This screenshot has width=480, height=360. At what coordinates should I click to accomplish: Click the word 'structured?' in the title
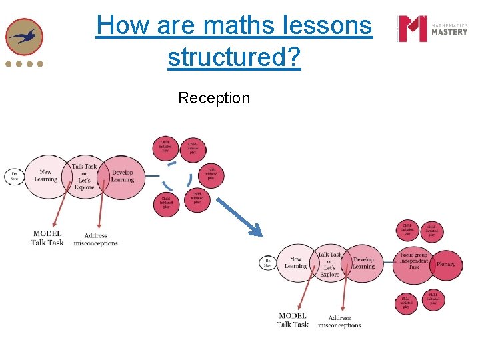(234, 57)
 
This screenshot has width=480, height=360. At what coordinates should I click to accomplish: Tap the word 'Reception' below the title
(214, 99)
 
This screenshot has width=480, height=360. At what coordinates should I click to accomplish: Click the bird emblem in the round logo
(25, 37)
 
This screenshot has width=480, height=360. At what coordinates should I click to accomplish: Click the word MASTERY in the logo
(449, 31)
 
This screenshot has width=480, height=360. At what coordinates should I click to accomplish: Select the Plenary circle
(445, 265)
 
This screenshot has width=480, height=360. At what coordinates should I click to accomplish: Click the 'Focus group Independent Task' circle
(413, 261)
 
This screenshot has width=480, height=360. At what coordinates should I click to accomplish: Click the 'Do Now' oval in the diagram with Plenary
(267, 263)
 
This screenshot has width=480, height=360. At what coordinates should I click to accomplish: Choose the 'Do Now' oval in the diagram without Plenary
(13, 176)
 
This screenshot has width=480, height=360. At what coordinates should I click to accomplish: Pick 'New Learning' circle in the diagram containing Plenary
(295, 263)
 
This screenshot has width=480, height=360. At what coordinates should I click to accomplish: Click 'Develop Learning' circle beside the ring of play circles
(122, 176)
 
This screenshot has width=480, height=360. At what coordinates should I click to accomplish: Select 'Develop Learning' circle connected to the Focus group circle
(363, 263)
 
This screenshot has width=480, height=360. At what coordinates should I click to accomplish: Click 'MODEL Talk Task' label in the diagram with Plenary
(293, 320)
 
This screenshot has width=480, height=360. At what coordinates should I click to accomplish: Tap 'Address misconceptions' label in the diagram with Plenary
(339, 321)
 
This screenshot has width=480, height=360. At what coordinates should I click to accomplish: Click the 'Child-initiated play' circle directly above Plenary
(431, 231)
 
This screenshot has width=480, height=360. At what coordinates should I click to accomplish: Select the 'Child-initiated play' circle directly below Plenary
(433, 299)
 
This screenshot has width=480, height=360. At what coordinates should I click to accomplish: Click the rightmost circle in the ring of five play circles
(211, 175)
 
